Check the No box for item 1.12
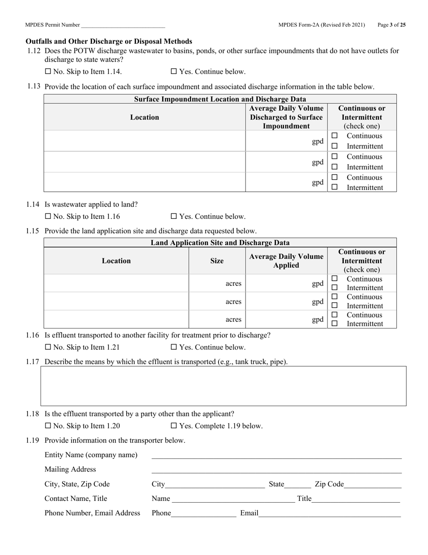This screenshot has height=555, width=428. pos(48,71)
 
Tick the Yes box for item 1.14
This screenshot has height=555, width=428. pos(174,217)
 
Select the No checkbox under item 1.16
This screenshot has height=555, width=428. pos(48,347)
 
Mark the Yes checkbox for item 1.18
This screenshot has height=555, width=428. pos(174,426)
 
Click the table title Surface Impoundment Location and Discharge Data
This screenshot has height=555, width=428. pos(220,99)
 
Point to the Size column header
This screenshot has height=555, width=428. pos(217,261)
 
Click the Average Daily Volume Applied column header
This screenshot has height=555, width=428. pos(286,261)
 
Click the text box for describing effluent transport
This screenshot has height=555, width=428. pos(223,386)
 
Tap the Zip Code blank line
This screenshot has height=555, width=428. pos(373,485)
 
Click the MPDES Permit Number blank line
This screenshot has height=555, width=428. pos(123,26)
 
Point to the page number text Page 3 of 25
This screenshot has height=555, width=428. pos(391,25)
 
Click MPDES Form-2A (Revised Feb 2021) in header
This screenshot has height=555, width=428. pos(321,25)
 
